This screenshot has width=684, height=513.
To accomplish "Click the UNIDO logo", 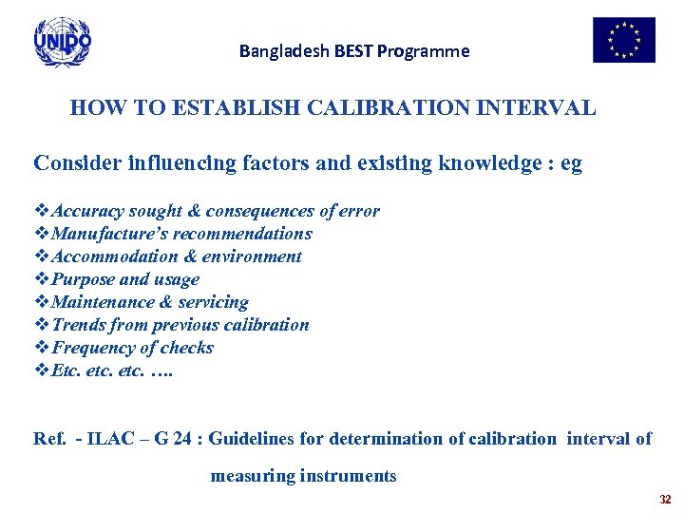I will point(63,41).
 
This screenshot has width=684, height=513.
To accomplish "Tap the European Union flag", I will point(624,40).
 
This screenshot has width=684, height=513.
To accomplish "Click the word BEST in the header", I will point(352,51).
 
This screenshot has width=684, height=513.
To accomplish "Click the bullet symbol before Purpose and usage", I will point(41,279).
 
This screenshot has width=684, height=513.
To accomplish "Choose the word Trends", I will point(79,325).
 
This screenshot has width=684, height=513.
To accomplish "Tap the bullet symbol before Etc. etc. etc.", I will point(41,370).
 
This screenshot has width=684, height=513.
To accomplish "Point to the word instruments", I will point(348,476).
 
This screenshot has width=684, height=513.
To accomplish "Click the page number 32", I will point(665,500).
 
